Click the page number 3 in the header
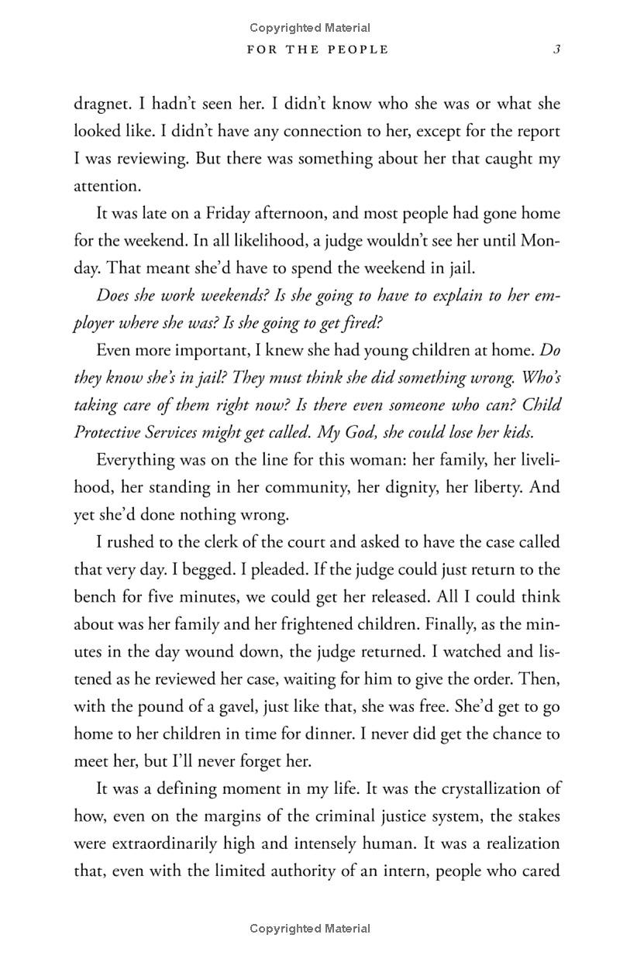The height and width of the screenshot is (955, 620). point(556,50)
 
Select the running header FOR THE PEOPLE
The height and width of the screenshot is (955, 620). point(317,50)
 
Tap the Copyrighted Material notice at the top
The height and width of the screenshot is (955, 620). point(310,28)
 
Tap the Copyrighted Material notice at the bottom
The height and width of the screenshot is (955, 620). point(310,929)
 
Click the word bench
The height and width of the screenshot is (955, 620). point(95,597)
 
